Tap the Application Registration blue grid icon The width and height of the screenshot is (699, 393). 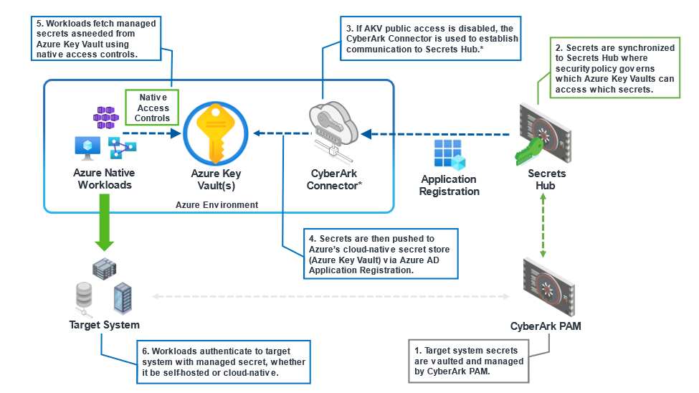coord(449,154)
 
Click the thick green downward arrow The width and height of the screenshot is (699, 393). coord(104,224)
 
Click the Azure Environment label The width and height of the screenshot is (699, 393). coord(217,204)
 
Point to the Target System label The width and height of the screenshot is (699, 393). coord(104,325)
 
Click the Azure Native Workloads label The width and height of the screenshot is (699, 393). coord(104,179)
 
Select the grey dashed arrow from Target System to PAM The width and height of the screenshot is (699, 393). coord(330,295)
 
